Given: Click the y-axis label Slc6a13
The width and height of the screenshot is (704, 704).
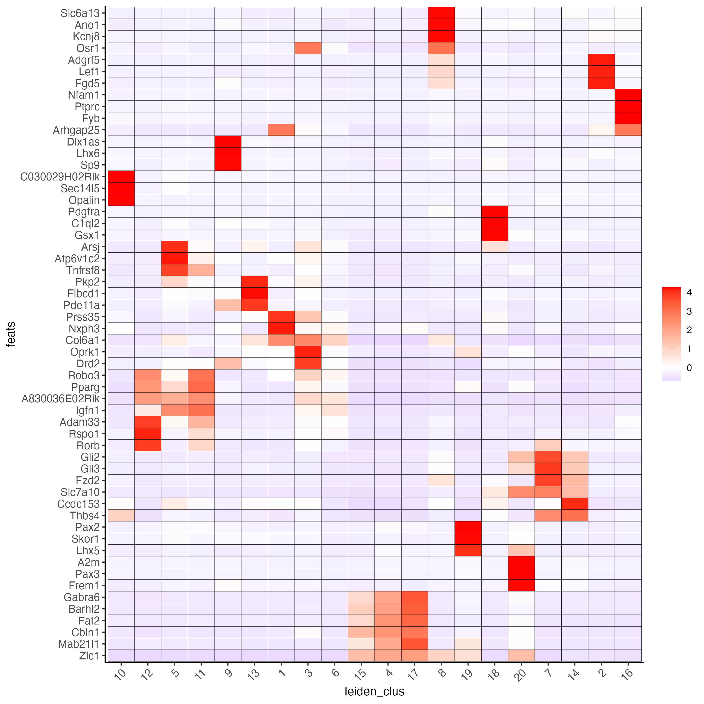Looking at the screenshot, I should [80, 14].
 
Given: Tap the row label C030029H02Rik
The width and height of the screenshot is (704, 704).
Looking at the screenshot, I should [60, 177].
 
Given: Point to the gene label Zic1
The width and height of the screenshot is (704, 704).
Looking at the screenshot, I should [89, 656].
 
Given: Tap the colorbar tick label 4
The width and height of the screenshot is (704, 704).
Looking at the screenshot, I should [689, 292].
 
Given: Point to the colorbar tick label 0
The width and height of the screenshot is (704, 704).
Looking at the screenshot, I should [689, 368].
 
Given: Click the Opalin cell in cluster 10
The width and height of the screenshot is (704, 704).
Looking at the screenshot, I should [121, 200].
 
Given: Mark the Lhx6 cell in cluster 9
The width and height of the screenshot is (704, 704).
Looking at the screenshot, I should [228, 153].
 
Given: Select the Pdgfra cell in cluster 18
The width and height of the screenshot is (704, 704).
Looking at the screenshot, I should [494, 212].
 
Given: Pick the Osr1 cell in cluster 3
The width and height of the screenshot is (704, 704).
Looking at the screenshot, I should [308, 48].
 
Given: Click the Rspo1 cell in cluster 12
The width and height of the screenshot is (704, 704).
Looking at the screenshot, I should [148, 434].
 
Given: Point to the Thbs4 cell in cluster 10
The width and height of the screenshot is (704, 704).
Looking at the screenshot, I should [121, 515].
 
